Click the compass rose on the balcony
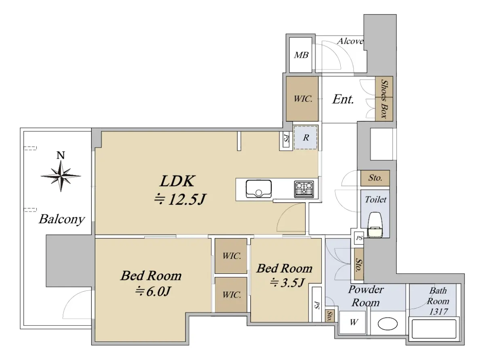click(x=61, y=176)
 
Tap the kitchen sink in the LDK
click(x=259, y=188)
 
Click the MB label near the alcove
click(x=301, y=55)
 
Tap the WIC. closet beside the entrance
click(x=302, y=99)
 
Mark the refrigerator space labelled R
click(x=306, y=138)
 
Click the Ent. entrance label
click(x=343, y=100)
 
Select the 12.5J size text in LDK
click(x=180, y=199)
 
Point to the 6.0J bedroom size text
click(x=152, y=292)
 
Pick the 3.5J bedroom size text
click(x=287, y=282)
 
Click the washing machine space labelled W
click(x=354, y=322)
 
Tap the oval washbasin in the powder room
click(x=388, y=324)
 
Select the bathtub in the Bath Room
click(x=434, y=329)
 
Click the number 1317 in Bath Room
click(x=439, y=311)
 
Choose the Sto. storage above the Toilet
click(x=375, y=178)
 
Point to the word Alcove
click(x=350, y=41)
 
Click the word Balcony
click(x=62, y=219)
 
